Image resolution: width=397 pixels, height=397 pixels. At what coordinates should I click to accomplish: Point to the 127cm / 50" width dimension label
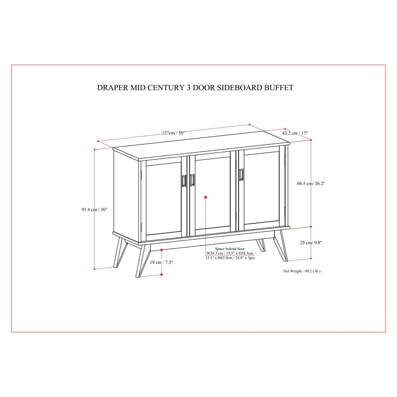[x=173, y=132]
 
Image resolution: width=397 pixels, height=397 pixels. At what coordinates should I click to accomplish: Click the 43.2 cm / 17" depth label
[x=295, y=133]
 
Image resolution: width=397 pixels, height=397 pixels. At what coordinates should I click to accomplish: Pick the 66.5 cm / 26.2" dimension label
[x=311, y=183]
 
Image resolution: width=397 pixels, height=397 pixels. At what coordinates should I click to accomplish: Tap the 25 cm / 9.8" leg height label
[x=311, y=243]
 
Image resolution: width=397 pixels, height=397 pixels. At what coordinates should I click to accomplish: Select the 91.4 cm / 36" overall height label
[x=81, y=209]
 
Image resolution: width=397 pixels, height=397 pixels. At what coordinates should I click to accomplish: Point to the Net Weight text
[x=302, y=271]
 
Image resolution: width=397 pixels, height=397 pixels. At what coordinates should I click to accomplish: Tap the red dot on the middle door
[x=205, y=198]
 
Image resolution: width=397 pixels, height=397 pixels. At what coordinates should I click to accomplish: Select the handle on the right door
[x=242, y=176]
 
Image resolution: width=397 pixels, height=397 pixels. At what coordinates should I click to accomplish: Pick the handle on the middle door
[x=193, y=180]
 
